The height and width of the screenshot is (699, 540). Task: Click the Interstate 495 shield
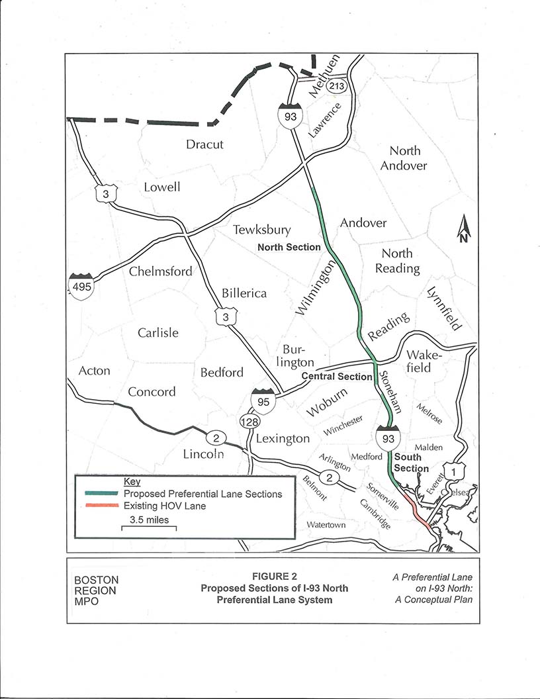point(80,285)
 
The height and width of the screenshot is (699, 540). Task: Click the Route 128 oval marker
point(248,421)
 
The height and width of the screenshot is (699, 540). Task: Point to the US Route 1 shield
point(453,472)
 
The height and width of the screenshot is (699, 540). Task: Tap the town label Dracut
point(204,144)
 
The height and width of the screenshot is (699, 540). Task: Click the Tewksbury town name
point(261,230)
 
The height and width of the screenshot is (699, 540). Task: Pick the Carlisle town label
point(158,332)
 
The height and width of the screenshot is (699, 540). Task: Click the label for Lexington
point(283,438)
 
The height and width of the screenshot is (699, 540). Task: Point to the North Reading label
point(397,261)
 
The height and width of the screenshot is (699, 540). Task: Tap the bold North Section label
point(289,247)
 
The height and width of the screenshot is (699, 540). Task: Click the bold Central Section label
point(336,377)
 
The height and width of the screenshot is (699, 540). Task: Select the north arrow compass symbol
point(463,230)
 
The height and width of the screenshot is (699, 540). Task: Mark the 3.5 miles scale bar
point(149,528)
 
